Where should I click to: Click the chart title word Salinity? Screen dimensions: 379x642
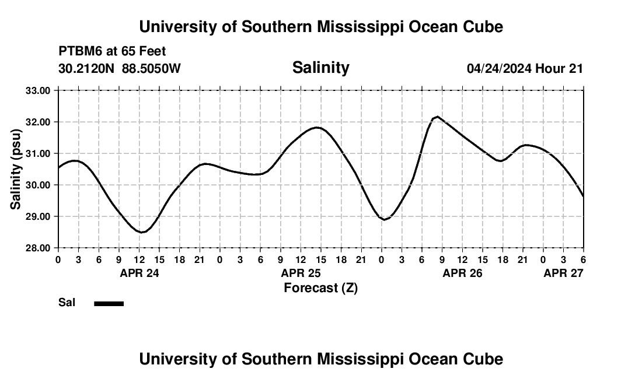[x=320, y=68]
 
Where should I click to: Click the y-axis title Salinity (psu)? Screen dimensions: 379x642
[x=16, y=169]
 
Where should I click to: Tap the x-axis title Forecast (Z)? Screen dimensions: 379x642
[x=320, y=287]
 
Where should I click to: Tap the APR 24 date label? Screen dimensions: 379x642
[x=139, y=273]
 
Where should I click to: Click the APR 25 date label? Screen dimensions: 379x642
[x=301, y=273]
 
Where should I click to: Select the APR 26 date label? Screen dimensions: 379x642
[x=462, y=273]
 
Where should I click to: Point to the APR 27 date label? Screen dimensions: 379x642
[x=563, y=273]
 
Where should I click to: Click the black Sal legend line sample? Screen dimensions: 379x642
[x=109, y=303]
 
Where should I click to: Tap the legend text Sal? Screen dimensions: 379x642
[x=67, y=303]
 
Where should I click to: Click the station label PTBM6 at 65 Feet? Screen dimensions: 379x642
[x=112, y=51]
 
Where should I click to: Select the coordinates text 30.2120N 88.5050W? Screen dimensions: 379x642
[x=120, y=68]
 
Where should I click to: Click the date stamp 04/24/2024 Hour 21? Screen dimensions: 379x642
[x=525, y=68]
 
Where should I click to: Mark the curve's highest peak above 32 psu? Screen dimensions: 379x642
[x=437, y=117]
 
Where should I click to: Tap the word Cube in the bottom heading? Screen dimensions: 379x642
[x=486, y=359]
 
